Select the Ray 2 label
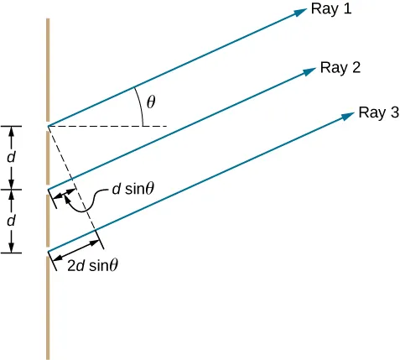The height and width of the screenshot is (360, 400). [340, 68]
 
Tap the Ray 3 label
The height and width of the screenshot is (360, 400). [378, 112]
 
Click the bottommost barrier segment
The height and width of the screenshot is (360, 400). [49, 306]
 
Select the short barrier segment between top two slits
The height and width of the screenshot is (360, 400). [49, 157]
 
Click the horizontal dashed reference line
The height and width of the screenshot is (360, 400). [109, 126]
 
